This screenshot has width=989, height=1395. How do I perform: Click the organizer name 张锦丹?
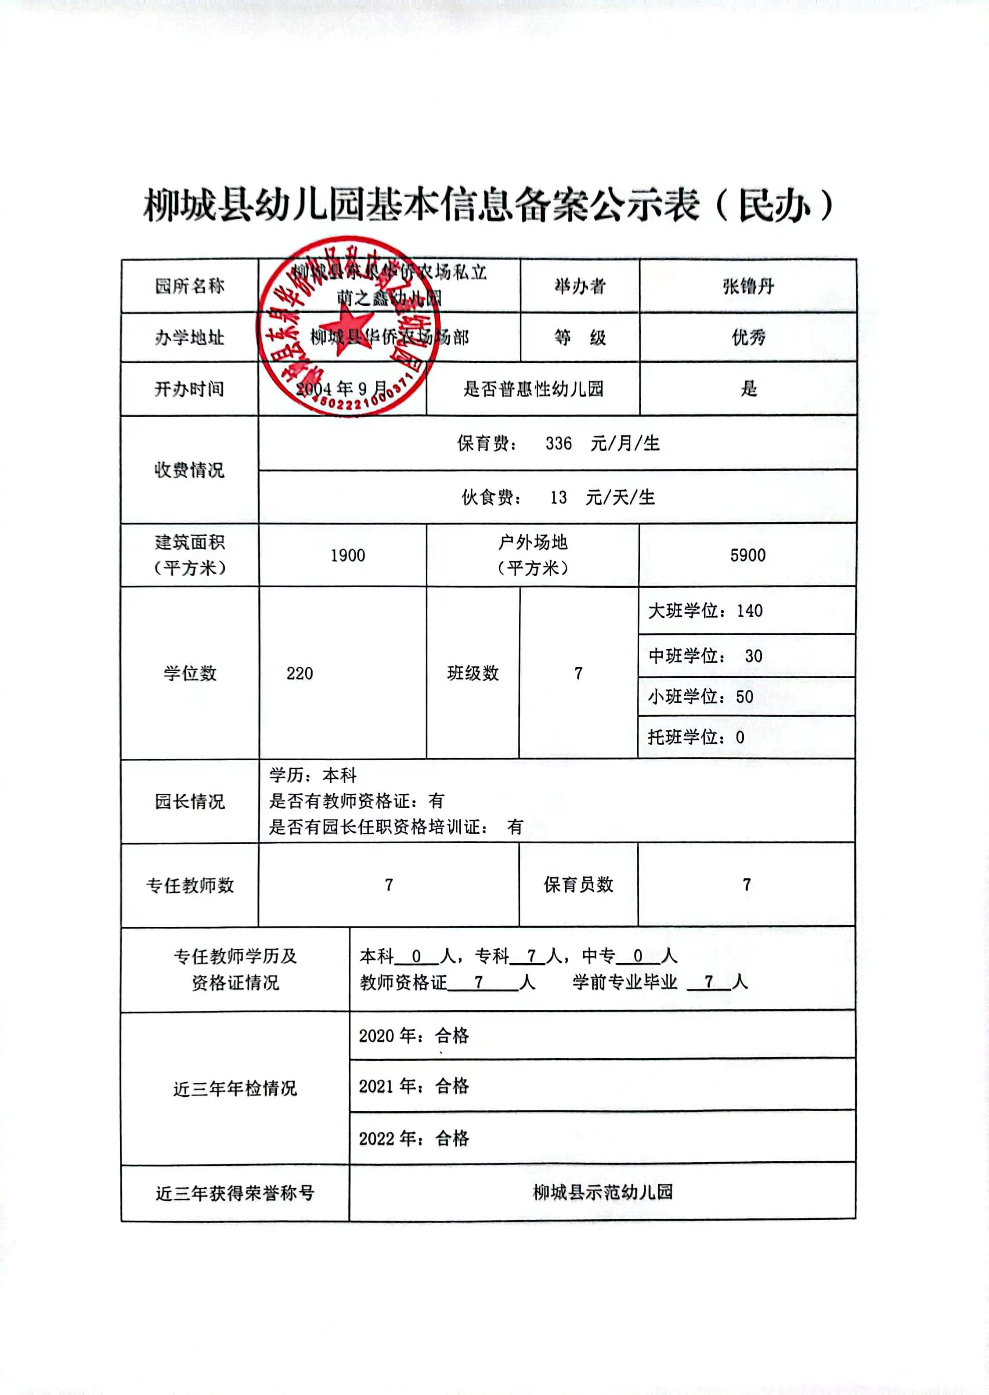coord(748,286)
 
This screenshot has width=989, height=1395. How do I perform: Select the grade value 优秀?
coord(748,337)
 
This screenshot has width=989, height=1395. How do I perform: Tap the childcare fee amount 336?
coord(559,443)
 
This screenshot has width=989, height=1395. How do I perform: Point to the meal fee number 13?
coord(559,498)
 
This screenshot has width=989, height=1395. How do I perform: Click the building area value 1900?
coord(348,555)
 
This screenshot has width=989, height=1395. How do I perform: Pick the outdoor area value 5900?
coord(748,555)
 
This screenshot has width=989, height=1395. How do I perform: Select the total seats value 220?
coord(300,673)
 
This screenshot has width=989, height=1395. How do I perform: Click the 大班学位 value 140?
coord(750,611)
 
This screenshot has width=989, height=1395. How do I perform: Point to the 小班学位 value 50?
coord(745,697)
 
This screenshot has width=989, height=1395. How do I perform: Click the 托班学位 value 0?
coord(740,737)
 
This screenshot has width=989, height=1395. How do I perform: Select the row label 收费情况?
coord(189,470)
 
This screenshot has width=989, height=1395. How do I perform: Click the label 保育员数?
coord(578,885)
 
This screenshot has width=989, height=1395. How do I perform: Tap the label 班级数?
coord(473,673)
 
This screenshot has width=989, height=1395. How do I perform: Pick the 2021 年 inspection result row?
coord(414,1086)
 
